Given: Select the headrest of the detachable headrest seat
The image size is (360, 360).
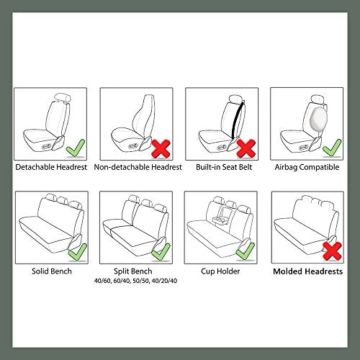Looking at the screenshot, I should point(60,99).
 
